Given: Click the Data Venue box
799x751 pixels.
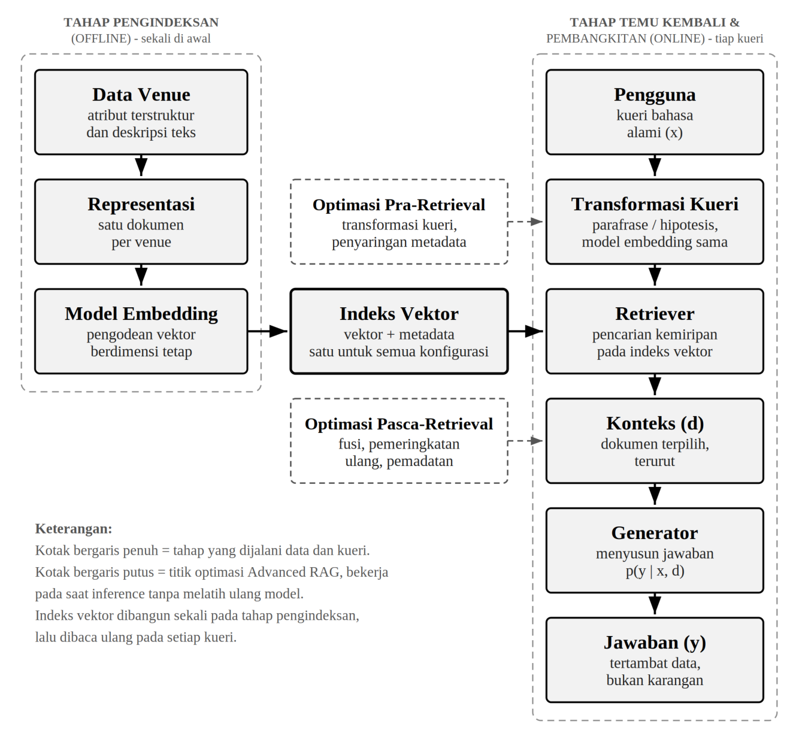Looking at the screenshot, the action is (x=141, y=112).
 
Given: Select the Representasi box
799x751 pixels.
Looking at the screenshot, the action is (x=141, y=222).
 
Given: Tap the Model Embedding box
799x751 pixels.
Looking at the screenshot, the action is (x=141, y=331).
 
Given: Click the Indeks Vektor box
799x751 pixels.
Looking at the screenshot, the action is (x=399, y=331).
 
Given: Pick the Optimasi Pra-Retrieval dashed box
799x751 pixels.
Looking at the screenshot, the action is (x=399, y=222).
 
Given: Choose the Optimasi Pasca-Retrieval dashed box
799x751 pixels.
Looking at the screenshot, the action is (x=399, y=441).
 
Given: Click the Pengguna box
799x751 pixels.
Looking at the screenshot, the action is (x=655, y=112).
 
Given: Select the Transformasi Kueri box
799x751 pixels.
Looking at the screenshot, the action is (x=655, y=222).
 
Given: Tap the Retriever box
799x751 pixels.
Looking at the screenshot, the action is (x=655, y=331).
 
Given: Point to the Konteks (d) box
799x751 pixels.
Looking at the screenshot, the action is (x=655, y=441).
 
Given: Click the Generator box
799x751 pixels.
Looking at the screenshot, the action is (x=655, y=550).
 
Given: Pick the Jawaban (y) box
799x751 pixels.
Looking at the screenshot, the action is (x=655, y=660).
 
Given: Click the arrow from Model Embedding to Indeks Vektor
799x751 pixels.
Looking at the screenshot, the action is (x=268, y=331).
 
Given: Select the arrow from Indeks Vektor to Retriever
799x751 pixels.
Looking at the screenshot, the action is (x=526, y=331).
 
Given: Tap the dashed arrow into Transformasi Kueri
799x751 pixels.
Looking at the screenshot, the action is (x=525, y=222).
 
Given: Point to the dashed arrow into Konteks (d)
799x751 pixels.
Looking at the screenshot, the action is (x=525, y=441).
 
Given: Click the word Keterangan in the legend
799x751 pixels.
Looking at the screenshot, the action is (x=74, y=529).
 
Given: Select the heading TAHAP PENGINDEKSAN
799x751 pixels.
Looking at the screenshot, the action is (x=141, y=22).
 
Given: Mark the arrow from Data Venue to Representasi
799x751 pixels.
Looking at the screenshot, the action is (x=141, y=166).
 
